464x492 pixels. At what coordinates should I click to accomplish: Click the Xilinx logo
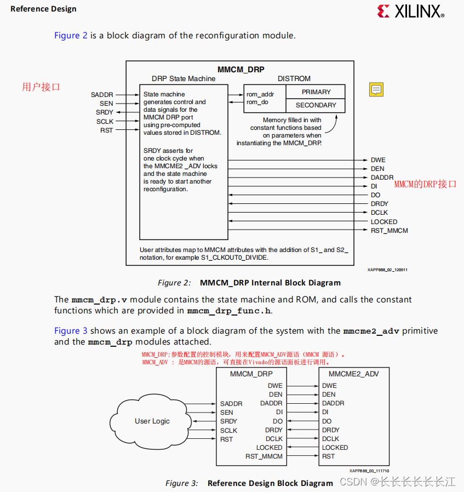[410, 11]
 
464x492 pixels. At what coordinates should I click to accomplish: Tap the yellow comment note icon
[376, 89]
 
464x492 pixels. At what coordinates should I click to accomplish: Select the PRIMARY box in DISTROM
[316, 92]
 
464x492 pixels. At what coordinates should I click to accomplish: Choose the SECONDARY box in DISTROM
[316, 105]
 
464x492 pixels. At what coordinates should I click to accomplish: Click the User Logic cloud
[152, 421]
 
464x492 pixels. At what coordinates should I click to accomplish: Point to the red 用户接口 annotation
[41, 87]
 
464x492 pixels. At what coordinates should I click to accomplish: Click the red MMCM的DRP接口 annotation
[425, 184]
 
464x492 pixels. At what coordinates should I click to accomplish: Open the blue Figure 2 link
[71, 36]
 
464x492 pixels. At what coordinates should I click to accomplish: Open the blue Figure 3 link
[71, 331]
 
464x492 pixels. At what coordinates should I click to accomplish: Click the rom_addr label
[260, 94]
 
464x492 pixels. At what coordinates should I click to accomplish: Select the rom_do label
[257, 102]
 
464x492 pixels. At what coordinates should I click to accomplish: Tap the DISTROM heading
[294, 79]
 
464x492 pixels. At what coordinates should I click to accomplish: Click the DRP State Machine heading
[184, 79]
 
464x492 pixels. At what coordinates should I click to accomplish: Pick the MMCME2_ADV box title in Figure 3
[353, 374]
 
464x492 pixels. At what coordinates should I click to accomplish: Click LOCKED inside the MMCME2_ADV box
[335, 448]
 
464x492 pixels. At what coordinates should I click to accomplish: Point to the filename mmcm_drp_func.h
[229, 311]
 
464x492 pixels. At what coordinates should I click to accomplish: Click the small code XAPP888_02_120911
[387, 270]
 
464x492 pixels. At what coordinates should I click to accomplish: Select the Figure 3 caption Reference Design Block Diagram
[270, 483]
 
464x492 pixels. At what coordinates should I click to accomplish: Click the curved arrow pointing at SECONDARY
[331, 123]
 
